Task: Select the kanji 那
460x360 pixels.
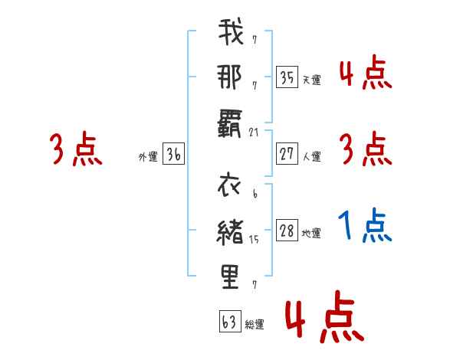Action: click(231, 77)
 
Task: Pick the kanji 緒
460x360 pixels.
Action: click(231, 231)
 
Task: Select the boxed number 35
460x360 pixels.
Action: click(287, 77)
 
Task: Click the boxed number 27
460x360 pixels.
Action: click(287, 154)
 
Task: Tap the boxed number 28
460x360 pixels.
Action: click(287, 231)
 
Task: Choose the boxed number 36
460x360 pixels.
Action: click(174, 154)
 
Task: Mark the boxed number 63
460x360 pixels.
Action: click(230, 322)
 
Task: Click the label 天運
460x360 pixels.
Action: click(311, 80)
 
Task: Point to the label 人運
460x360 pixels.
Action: click(311, 156)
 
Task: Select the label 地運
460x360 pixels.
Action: click(311, 234)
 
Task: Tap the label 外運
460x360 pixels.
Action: click(148, 156)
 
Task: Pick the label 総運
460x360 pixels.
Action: click(255, 324)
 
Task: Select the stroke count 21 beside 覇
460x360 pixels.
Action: click(255, 132)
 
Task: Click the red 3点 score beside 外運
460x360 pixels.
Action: click(76, 149)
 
